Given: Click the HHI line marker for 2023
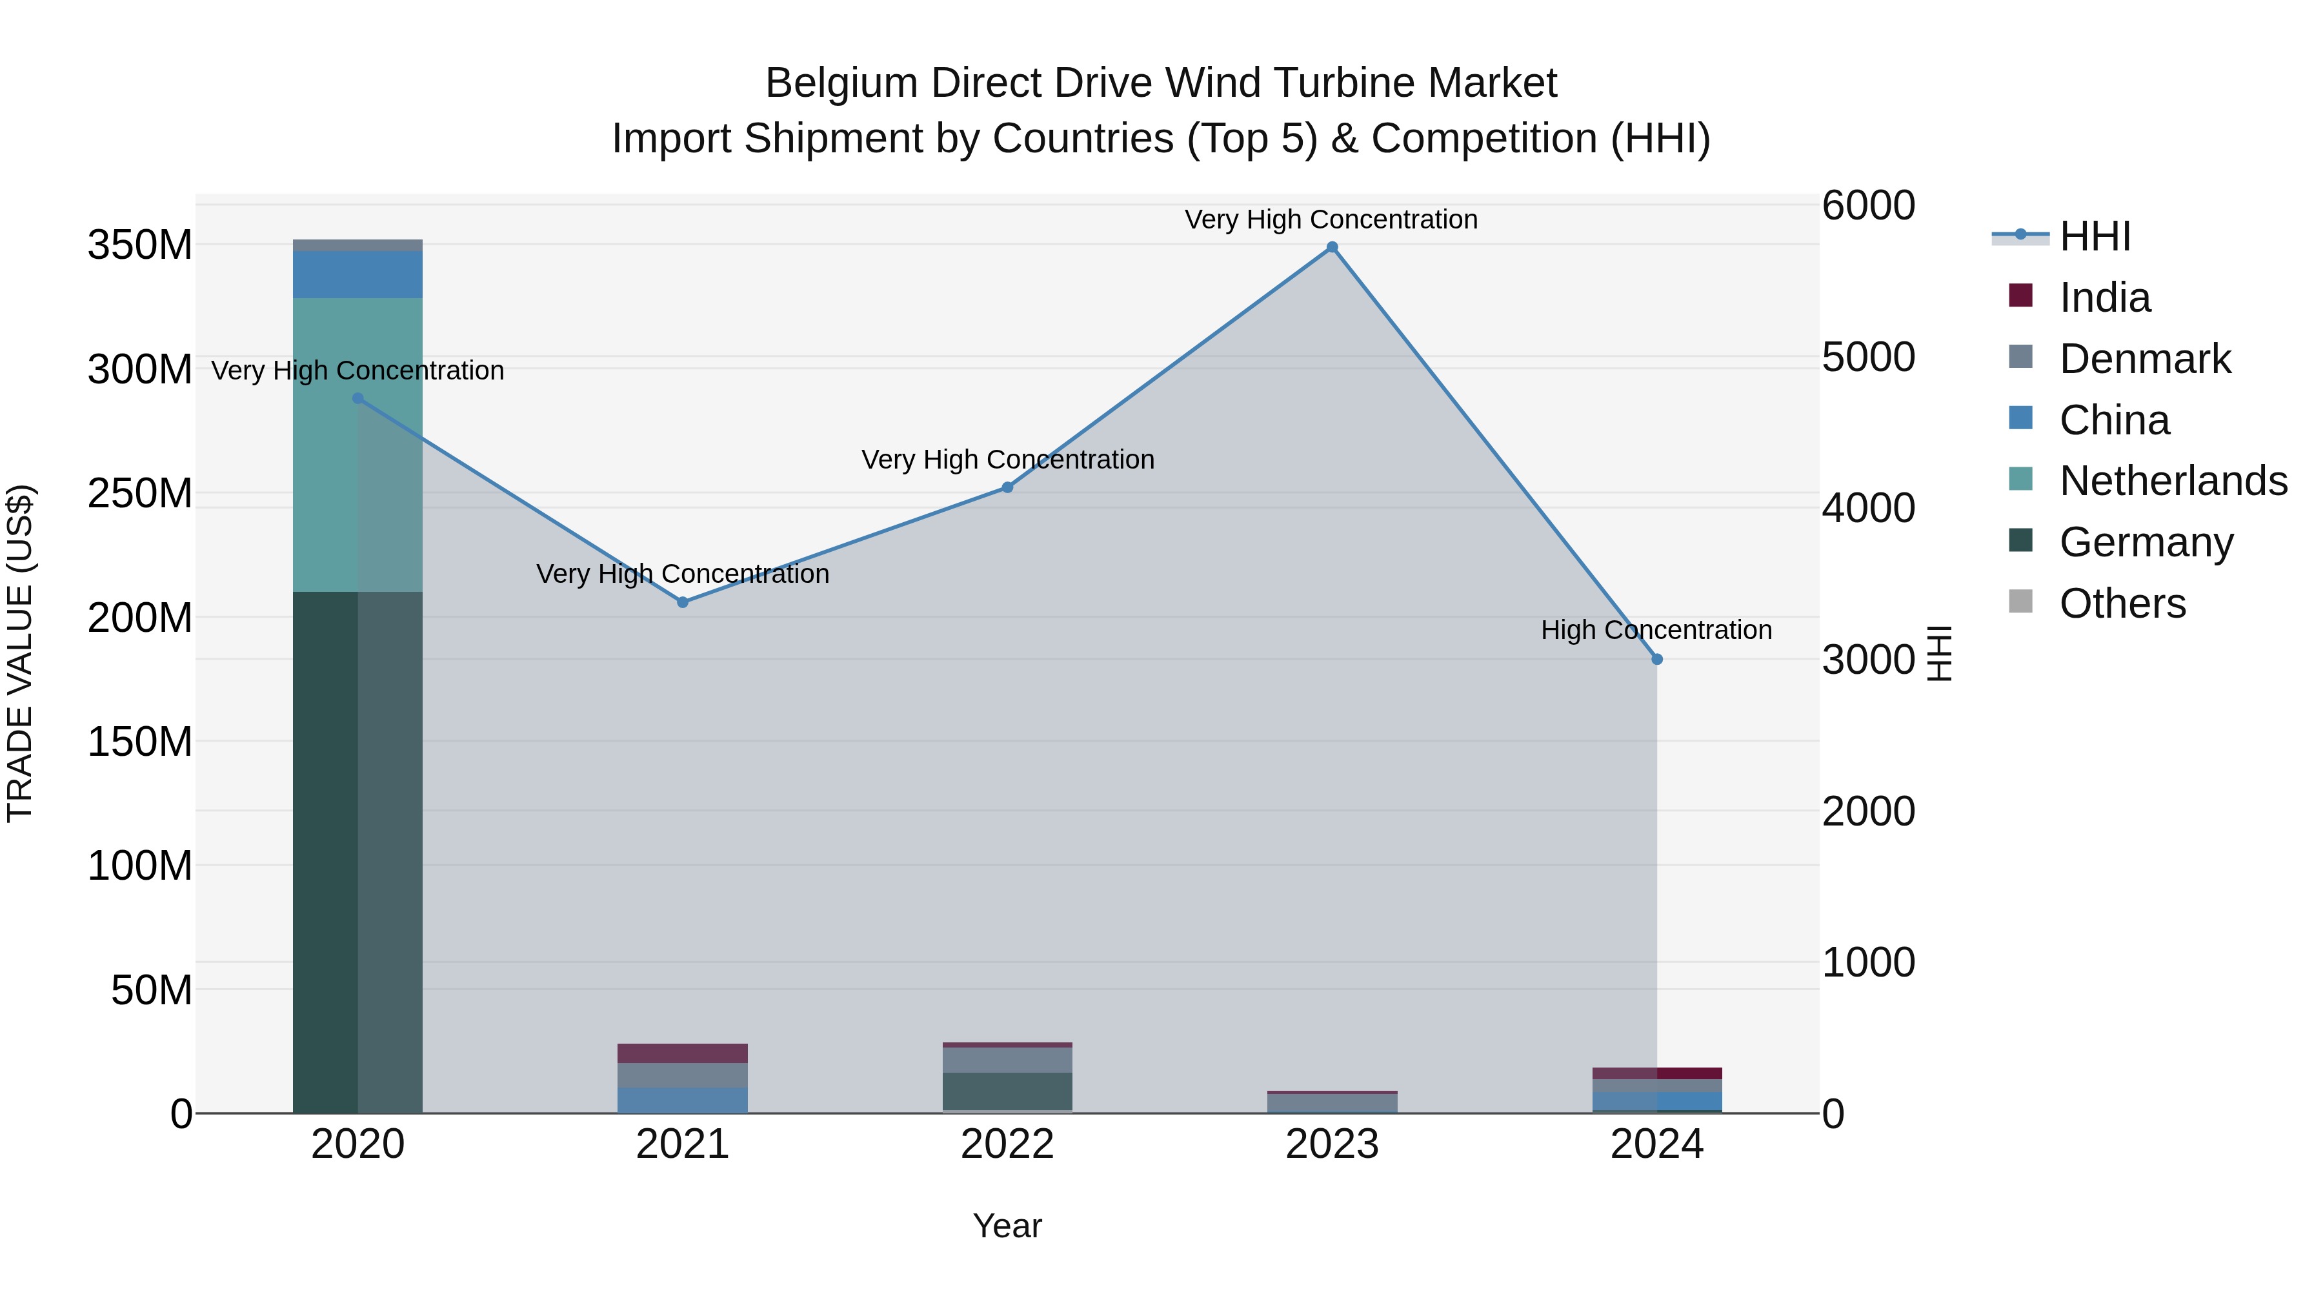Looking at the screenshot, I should pyautogui.click(x=1332, y=247).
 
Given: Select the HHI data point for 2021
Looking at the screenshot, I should pyautogui.click(x=683, y=603).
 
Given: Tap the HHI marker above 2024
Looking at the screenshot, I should pyautogui.click(x=1656, y=660).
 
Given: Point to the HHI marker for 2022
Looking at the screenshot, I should pyautogui.click(x=1007, y=488).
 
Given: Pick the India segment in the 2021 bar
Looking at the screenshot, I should pyautogui.click(x=683, y=1053).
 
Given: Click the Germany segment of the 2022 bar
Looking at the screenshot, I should pyautogui.click(x=1007, y=1091).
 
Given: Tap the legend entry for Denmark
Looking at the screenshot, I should pyautogui.click(x=2144, y=359).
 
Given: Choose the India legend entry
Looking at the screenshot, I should pyautogui.click(x=2105, y=298).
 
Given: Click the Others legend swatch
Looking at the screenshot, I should pyautogui.click(x=2021, y=602).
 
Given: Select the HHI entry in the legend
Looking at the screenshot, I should pyautogui.click(x=2094, y=236).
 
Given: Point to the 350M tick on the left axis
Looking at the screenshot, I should pyautogui.click(x=140, y=245).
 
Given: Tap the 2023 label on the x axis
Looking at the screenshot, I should pyautogui.click(x=1332, y=1144).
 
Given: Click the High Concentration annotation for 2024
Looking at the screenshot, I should pyautogui.click(x=1656, y=629).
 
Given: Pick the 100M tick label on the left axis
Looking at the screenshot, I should pyautogui.click(x=140, y=866).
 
